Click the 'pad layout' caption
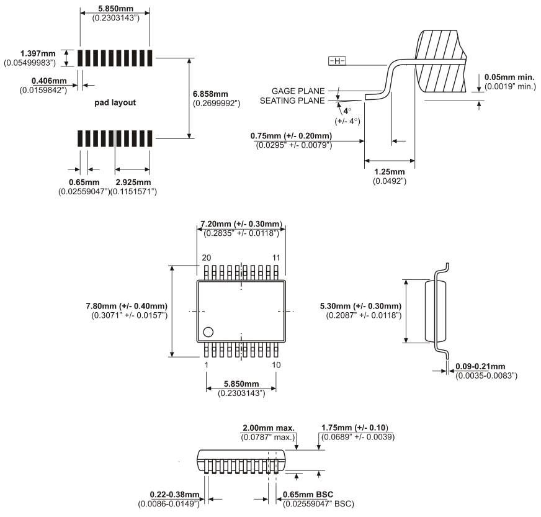pos(115,102)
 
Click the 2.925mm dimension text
pos(133,182)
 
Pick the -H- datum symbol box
pos(337,61)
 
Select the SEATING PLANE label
pos(292,101)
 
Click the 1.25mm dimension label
pos(389,171)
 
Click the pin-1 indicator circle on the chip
pos(209,331)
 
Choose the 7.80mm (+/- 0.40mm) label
pos(127,306)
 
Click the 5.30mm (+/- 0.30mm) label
pos(360,306)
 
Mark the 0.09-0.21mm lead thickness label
pos(480,367)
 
